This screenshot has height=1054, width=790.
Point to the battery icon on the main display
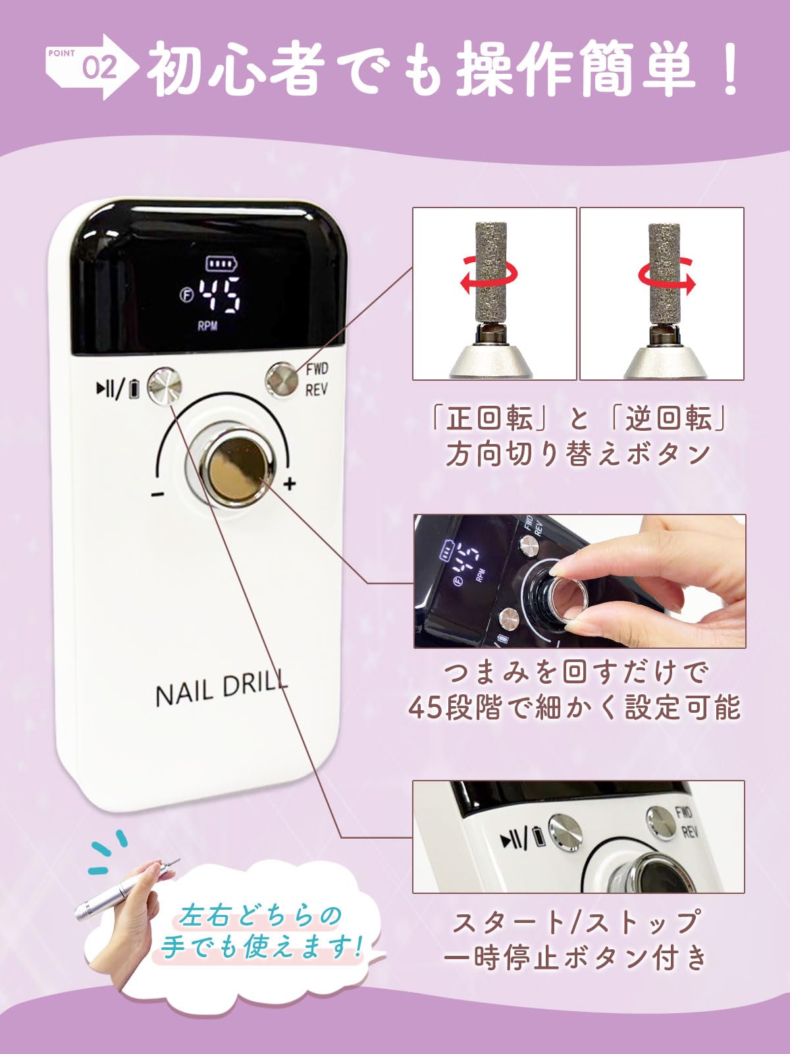click(x=222, y=263)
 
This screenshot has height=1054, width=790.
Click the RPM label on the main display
click(x=207, y=325)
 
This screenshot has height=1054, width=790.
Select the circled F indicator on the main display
click(x=186, y=295)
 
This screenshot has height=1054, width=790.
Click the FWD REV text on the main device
click(x=317, y=379)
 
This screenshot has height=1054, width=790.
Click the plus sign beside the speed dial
click(x=289, y=484)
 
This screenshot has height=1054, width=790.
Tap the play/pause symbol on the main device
click(x=107, y=387)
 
